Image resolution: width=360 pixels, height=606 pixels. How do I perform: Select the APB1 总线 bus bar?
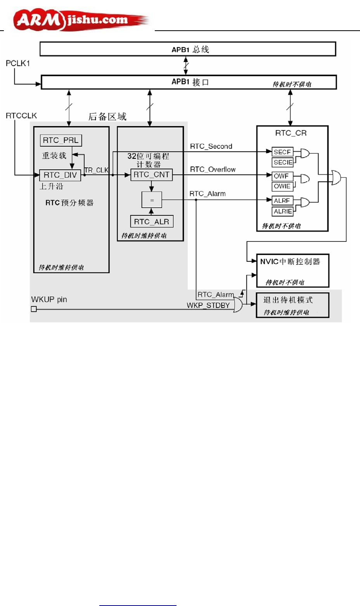pos(188,49)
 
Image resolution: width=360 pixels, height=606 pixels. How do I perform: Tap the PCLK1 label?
pos(18,63)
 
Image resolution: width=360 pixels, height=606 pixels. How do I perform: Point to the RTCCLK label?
pos(21,116)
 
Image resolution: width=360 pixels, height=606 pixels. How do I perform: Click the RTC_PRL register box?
pos(61,140)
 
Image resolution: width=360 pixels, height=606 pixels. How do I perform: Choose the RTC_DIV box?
pos(60,175)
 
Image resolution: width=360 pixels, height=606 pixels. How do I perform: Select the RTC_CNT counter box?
pos(151,175)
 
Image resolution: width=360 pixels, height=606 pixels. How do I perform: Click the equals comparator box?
pos(152,200)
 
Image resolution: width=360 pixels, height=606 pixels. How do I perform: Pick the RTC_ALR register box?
pos(152,222)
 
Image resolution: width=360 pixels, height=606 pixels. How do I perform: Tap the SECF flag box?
pos(282,152)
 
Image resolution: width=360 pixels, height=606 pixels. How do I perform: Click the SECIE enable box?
pos(283,162)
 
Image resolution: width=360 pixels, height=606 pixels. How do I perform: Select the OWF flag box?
pos(282,176)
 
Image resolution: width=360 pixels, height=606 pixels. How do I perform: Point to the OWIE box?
pos(282,186)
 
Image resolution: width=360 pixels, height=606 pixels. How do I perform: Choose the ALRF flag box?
pos(282,201)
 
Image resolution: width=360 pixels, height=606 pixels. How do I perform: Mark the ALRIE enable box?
pos(283,211)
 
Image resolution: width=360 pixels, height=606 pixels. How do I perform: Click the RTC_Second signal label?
pos(211,146)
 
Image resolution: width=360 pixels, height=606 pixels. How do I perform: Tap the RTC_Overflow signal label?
pos(213,170)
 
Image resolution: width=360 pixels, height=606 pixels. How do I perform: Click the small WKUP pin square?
pos(34,309)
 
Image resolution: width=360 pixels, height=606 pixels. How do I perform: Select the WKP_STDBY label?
pos(208,306)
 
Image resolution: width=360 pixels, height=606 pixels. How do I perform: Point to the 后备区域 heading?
pos(107,116)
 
